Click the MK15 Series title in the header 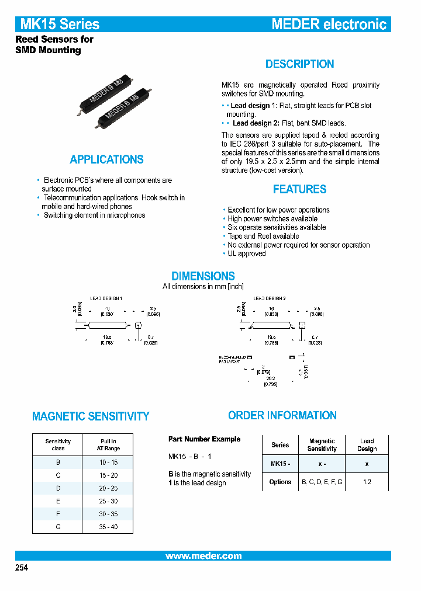[x=60, y=24]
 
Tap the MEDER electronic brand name [x=329, y=24]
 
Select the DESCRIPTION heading [x=299, y=64]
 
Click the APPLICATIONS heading [x=106, y=159]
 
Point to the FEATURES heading [x=299, y=189]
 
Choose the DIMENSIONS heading [x=203, y=276]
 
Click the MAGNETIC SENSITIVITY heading [x=91, y=416]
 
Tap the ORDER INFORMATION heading [x=282, y=416]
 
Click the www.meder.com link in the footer [x=203, y=556]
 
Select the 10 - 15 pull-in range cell [x=108, y=462]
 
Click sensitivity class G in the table [x=58, y=527]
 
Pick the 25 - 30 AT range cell [x=108, y=501]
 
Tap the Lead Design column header [x=367, y=445]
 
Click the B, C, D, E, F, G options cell [x=322, y=482]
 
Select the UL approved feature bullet [x=246, y=254]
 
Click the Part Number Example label [x=204, y=439]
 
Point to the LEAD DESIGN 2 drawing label [x=269, y=298]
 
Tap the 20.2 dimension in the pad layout [x=270, y=378]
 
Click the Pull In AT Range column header [x=108, y=445]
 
